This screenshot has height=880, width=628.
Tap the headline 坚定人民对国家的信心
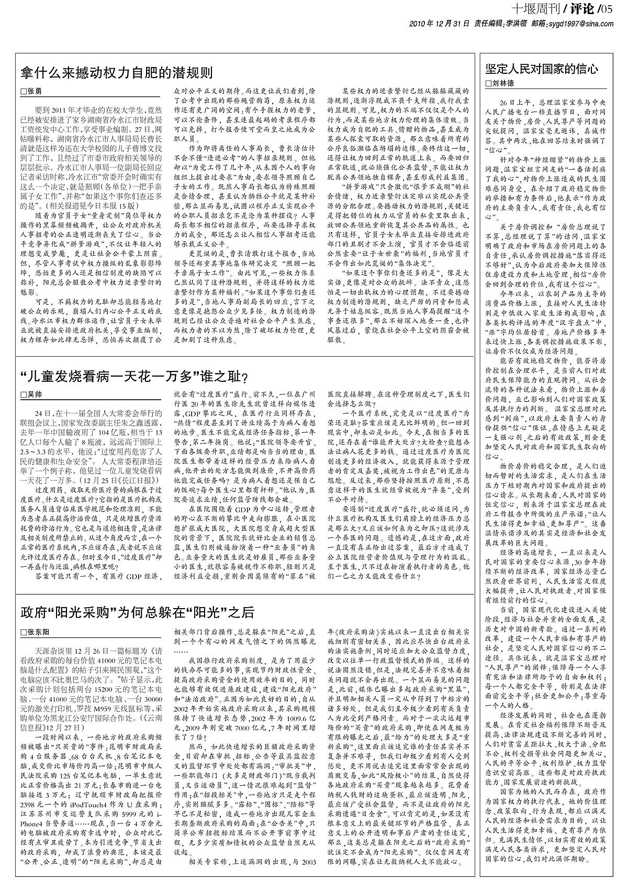(542, 69)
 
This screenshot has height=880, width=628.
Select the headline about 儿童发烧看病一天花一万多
(133, 377)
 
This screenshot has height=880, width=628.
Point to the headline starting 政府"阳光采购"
(137, 612)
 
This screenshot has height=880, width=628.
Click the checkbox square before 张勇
(23, 91)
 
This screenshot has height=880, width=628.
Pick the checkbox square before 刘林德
(488, 84)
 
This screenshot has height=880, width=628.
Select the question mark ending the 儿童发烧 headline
(244, 378)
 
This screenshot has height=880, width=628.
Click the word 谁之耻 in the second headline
(223, 377)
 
